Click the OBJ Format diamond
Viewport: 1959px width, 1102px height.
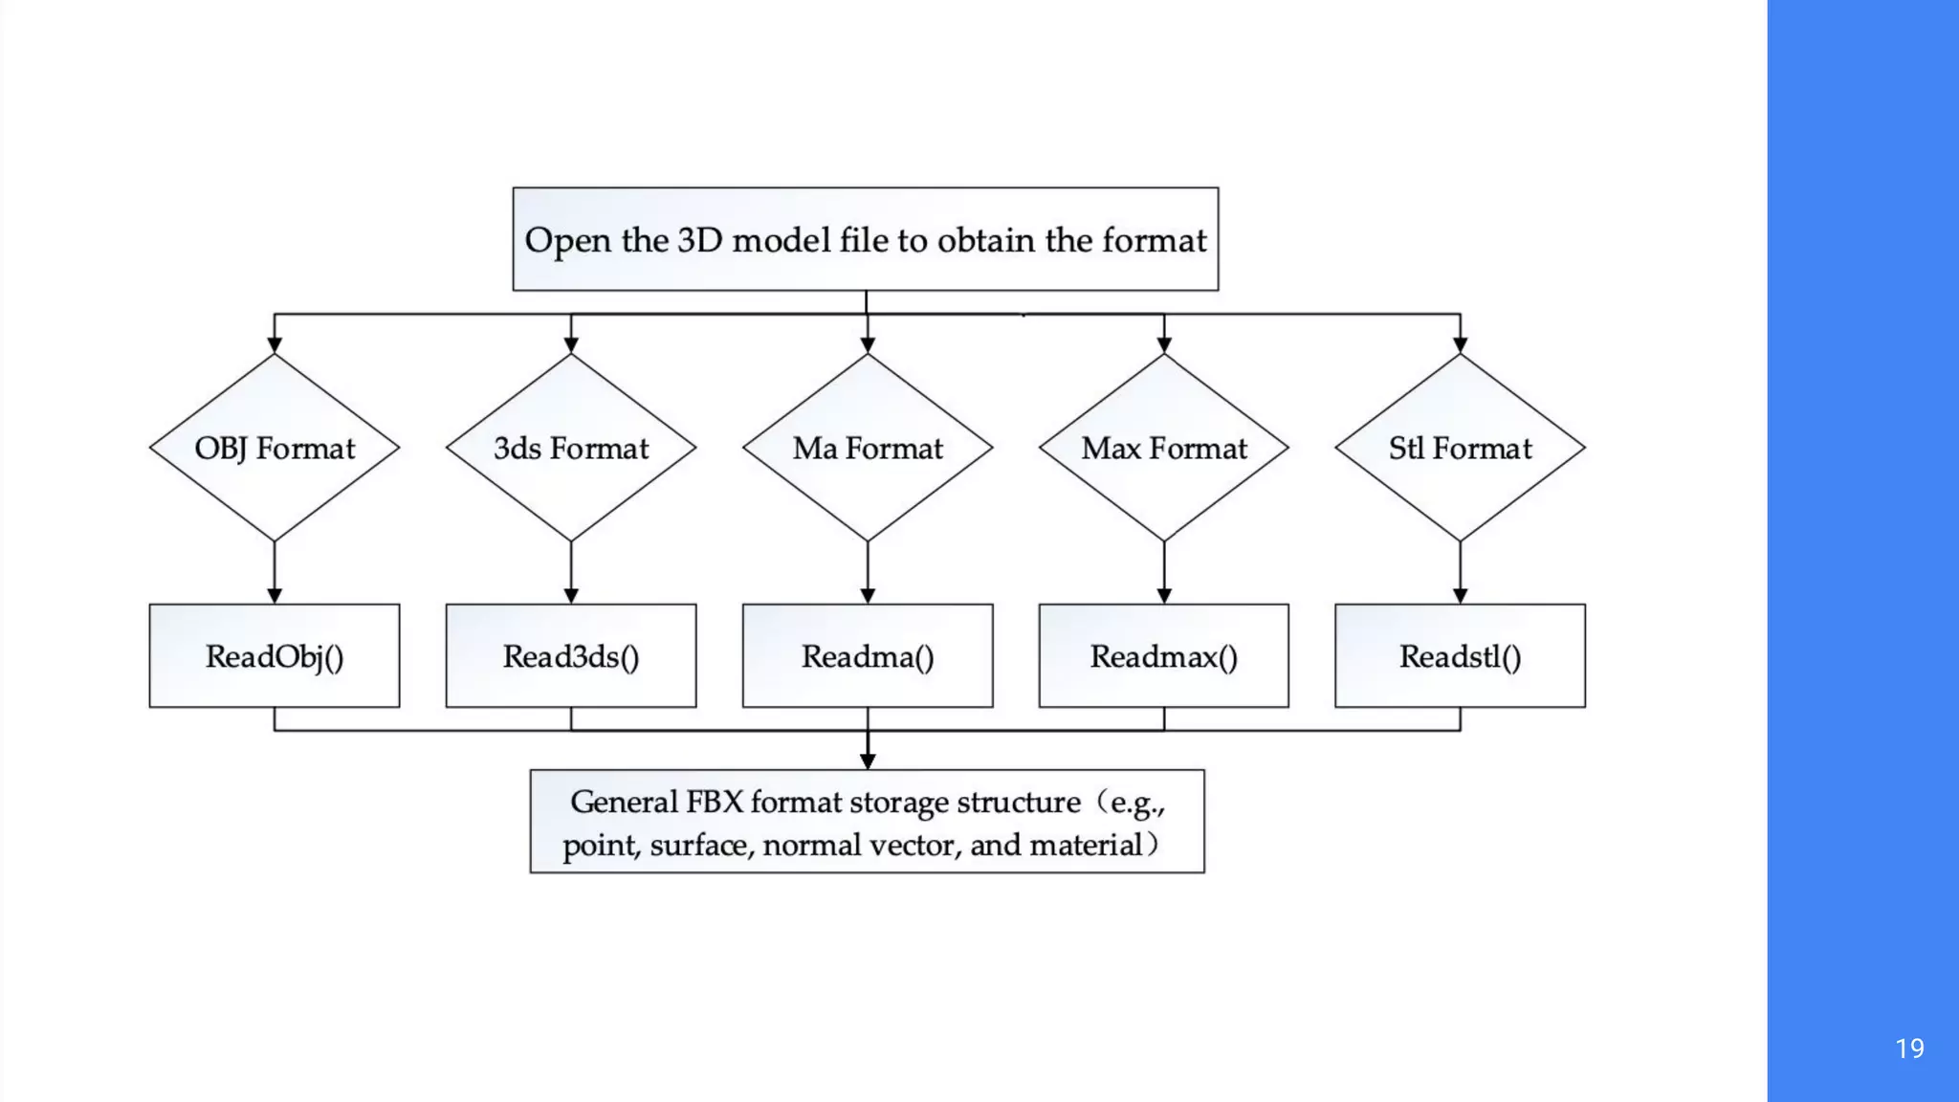pos(275,448)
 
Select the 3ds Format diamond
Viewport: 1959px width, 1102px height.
pos(571,448)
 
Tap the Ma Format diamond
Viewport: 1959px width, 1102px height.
pos(868,448)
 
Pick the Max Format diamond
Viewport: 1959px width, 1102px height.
pos(1164,448)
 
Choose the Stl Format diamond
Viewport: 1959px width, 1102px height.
pos(1460,448)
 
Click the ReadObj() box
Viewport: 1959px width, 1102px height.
pos(275,656)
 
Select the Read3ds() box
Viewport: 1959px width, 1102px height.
pos(571,656)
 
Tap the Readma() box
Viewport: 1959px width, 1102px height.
pos(868,656)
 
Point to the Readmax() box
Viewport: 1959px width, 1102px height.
pos(1164,656)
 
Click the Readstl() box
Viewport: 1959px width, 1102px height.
pos(1460,656)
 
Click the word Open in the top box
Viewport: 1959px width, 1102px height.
pos(567,241)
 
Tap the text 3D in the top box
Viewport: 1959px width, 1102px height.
pos(699,240)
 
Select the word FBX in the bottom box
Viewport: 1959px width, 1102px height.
pos(715,802)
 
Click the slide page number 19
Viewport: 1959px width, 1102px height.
pos(1909,1048)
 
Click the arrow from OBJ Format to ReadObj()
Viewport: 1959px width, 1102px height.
pos(275,572)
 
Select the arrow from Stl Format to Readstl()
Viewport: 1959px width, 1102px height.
pos(1460,572)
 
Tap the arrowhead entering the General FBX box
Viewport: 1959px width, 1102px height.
pos(868,760)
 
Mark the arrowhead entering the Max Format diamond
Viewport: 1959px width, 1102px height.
pos(1164,345)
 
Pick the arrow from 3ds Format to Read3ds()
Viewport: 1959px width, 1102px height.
pos(571,572)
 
